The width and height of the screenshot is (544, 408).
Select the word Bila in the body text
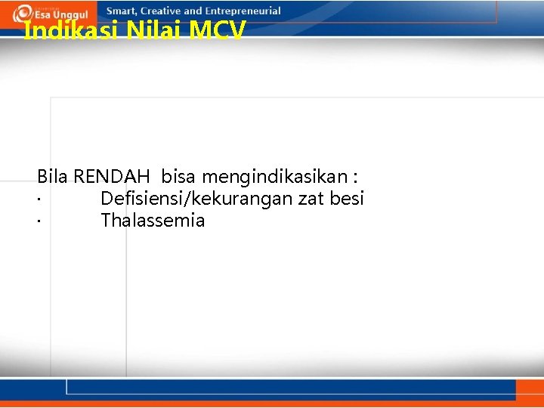(52, 177)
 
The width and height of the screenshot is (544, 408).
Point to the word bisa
(179, 177)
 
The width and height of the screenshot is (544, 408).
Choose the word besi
(349, 199)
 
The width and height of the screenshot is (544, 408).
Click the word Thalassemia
(153, 221)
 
